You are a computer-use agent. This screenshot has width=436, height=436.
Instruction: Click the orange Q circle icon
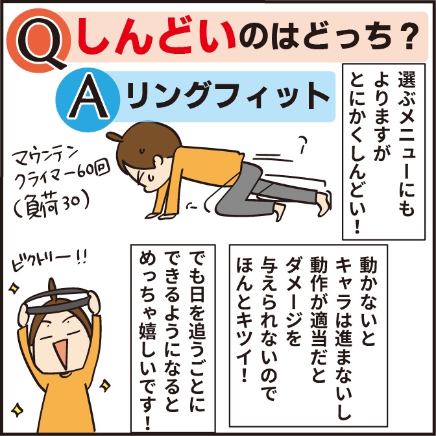point(38,41)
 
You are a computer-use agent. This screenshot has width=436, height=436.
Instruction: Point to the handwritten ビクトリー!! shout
point(49,260)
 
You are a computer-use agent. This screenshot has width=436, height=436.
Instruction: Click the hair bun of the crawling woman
point(114,136)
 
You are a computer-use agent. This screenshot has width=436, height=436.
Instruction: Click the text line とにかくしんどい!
point(359,152)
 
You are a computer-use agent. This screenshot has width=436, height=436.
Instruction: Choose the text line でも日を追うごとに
point(197,333)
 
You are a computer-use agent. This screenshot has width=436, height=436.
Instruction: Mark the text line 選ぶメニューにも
point(407,144)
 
